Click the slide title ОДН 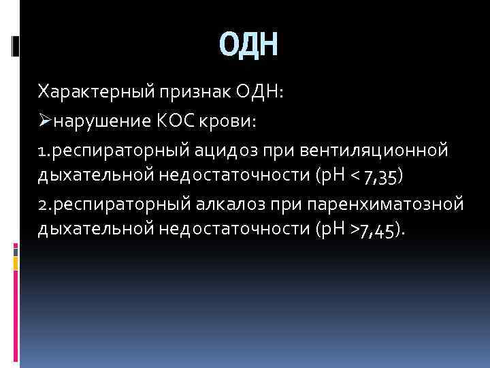click(x=249, y=47)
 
